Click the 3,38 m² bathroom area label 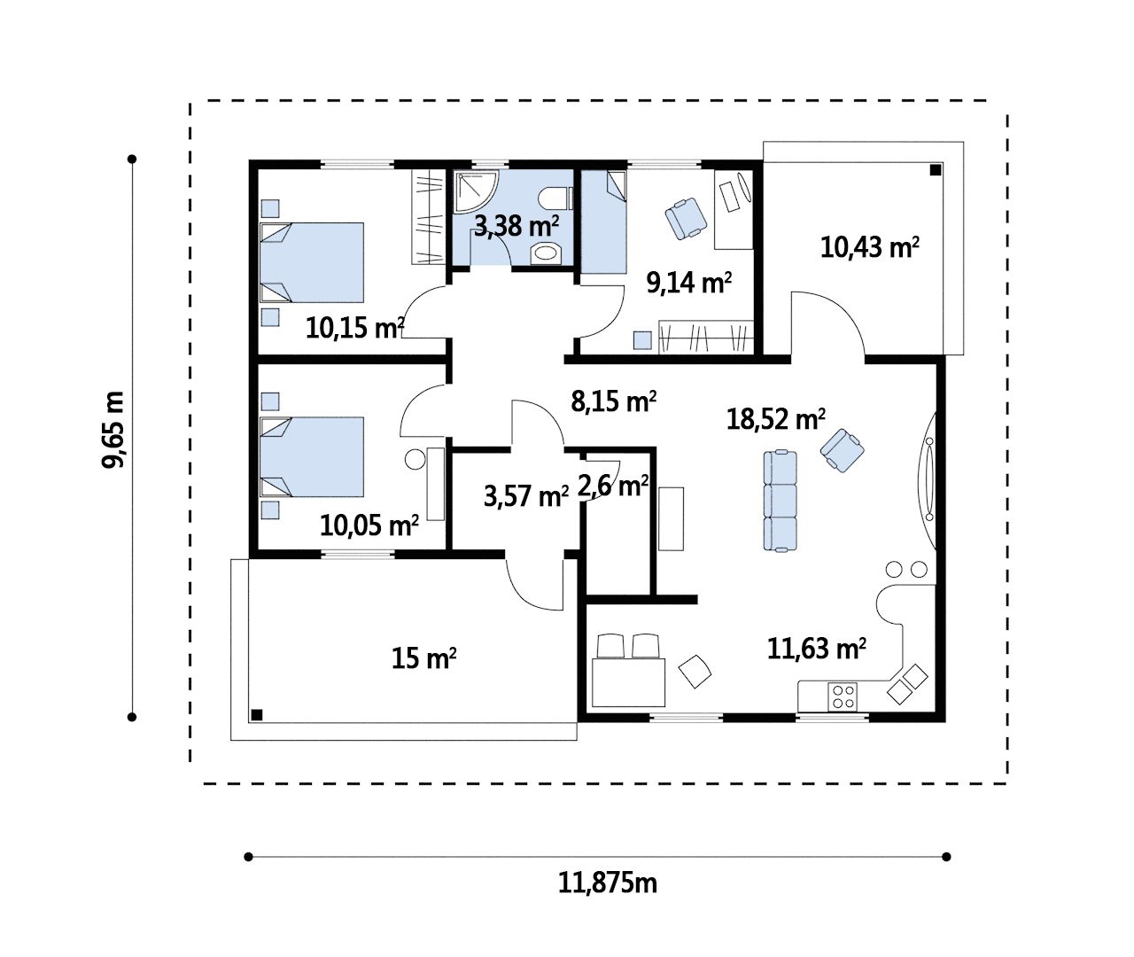(516, 226)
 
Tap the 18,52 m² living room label (775, 419)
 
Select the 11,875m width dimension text (607, 883)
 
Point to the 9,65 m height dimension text (113, 430)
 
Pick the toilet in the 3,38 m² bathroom (555, 198)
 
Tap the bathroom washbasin (545, 253)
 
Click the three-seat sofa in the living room (780, 501)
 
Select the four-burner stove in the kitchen (842, 696)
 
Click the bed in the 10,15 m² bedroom (312, 262)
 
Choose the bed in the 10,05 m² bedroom (312, 456)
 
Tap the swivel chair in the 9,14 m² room (686, 218)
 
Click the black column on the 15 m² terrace (257, 715)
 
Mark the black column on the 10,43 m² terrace (936, 170)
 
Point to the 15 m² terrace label (423, 658)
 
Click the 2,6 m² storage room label (612, 486)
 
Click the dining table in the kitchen (628, 682)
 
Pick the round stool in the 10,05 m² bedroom (415, 460)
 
